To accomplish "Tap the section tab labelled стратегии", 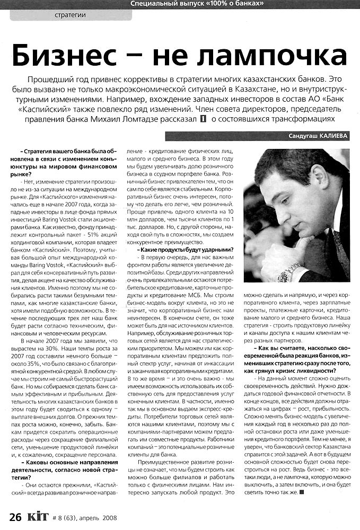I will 70,15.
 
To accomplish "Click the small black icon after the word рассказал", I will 203,120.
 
